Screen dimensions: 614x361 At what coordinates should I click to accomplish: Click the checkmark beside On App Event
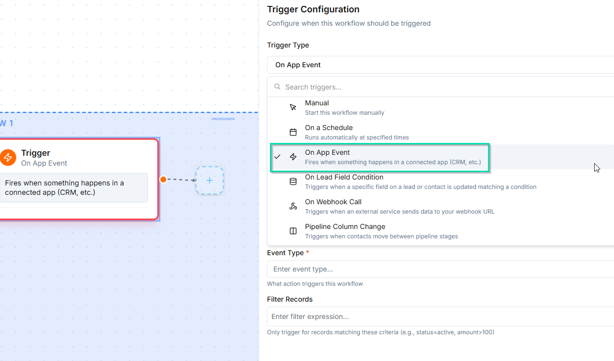click(x=277, y=156)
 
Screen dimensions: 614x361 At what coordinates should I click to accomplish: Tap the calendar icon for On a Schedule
click(x=293, y=132)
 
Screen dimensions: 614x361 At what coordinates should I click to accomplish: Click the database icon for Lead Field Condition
click(x=293, y=181)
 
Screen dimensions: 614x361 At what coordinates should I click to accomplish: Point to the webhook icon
click(x=293, y=206)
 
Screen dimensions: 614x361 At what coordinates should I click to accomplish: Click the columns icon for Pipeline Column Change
click(x=293, y=231)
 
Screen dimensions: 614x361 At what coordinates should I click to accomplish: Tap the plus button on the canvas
click(x=210, y=180)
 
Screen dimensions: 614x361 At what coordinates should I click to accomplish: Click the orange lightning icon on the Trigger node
click(x=8, y=157)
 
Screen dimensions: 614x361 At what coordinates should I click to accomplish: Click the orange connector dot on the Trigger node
click(x=163, y=180)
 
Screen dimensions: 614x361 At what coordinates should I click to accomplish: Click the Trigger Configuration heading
click(x=313, y=9)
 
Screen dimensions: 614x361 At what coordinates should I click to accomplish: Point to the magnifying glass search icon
click(x=277, y=87)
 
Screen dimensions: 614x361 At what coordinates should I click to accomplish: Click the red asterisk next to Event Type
click(x=307, y=252)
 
